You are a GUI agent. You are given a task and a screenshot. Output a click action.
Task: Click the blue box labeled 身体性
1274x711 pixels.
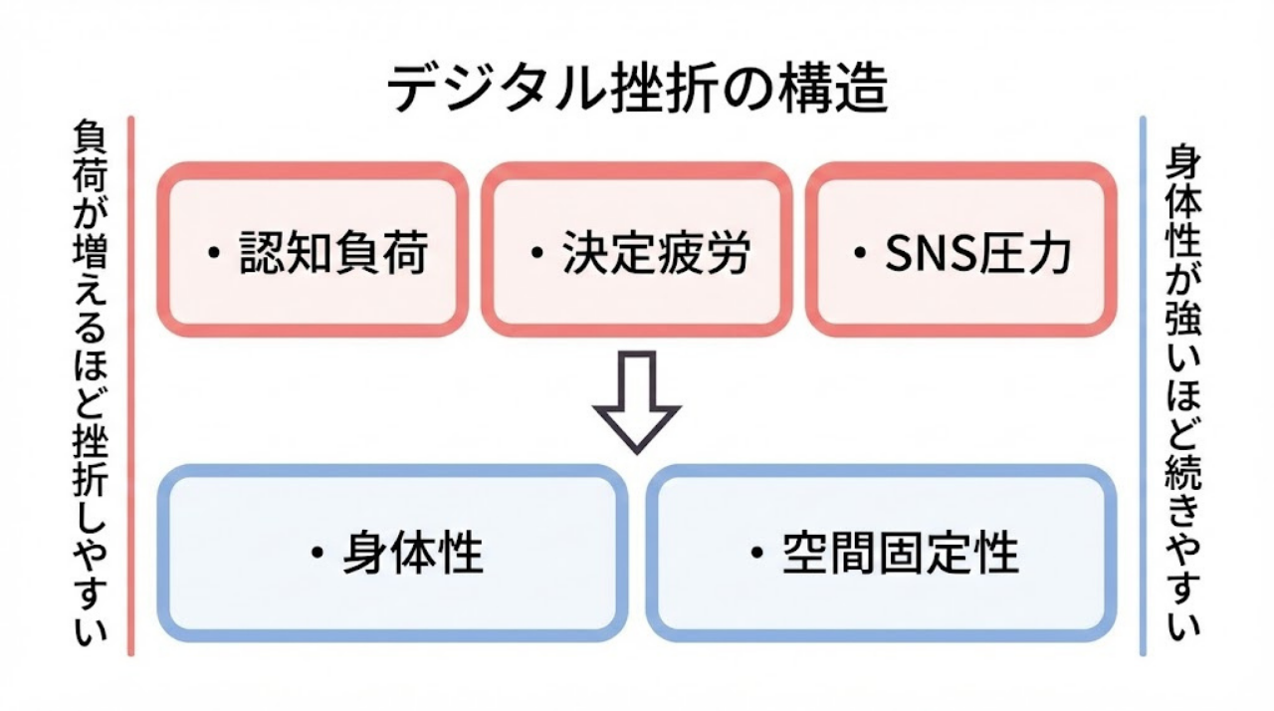pyautogui.click(x=392, y=553)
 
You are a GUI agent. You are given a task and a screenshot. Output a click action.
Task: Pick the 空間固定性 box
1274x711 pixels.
pyautogui.click(x=882, y=553)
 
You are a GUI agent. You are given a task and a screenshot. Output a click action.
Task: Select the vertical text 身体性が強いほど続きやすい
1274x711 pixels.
pyautogui.click(x=1182, y=388)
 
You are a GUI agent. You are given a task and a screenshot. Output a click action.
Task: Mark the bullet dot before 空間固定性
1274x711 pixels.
pyautogui.click(x=758, y=553)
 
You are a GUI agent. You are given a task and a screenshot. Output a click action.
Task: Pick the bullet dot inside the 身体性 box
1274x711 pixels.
pyautogui.click(x=318, y=553)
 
